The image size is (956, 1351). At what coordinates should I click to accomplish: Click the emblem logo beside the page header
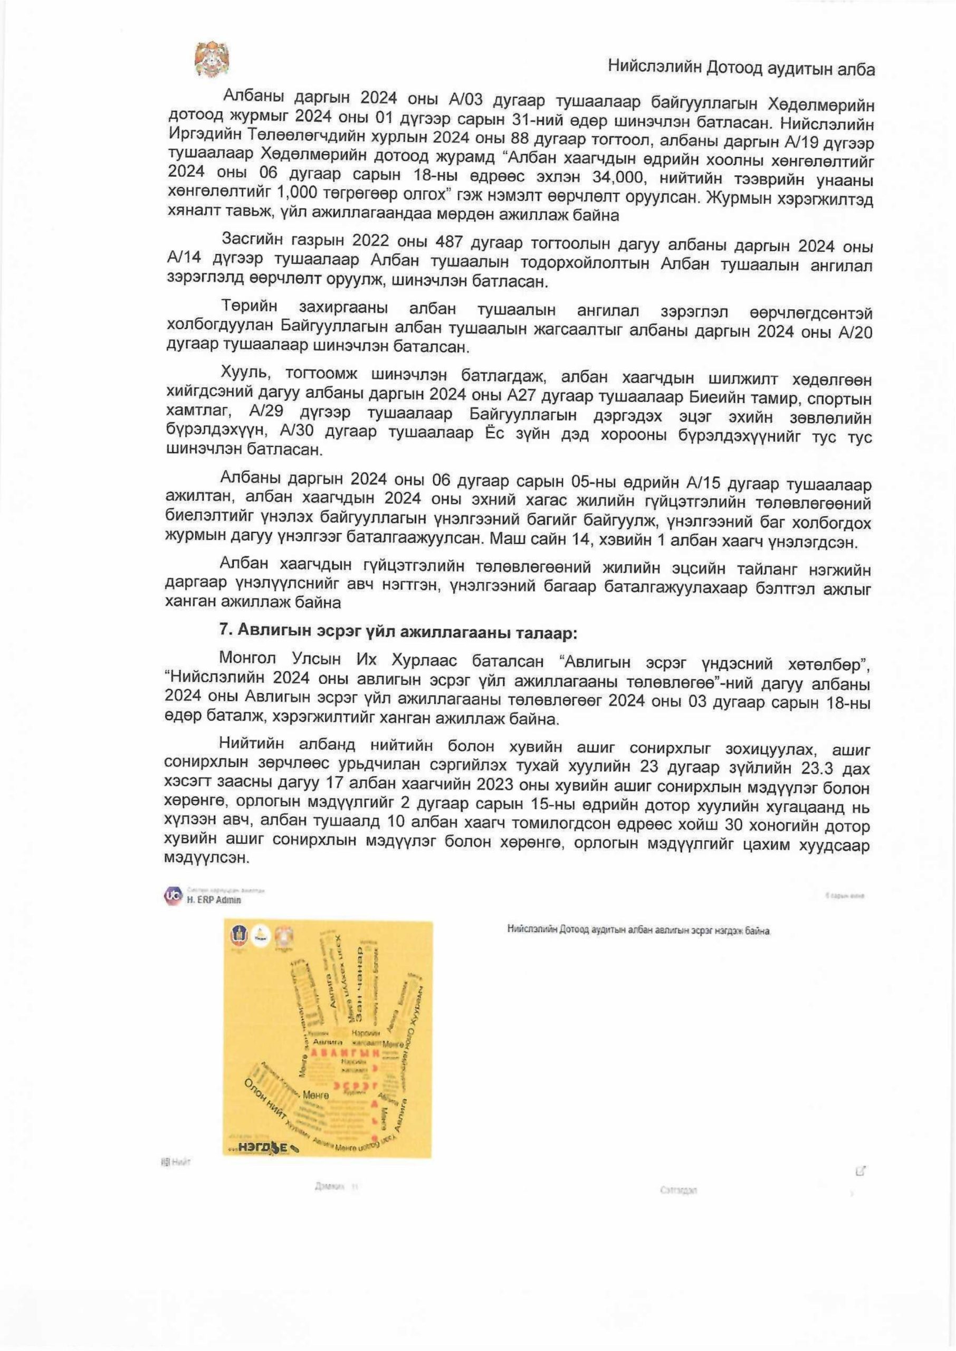[x=212, y=60]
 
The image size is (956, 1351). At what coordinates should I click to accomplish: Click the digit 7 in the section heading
[x=224, y=631]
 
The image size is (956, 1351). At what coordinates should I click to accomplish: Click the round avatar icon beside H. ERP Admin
[x=173, y=896]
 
